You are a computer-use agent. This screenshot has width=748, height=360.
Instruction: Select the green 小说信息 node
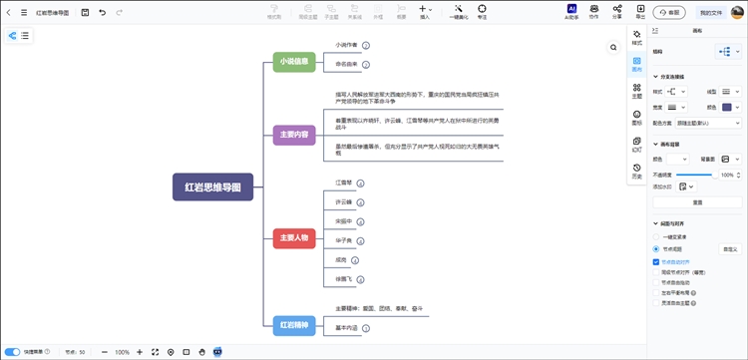coord(294,61)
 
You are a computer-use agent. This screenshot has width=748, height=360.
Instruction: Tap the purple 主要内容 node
coord(294,135)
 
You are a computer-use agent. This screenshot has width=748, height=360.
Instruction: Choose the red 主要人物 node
coord(294,238)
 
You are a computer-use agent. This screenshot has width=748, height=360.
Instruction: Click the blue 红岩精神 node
coord(294,324)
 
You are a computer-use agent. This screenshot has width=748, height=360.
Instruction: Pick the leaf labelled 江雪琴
coord(345,183)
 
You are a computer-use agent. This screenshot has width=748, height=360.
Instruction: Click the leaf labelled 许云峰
coord(344,201)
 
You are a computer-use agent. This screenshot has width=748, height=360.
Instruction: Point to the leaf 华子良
coord(344,239)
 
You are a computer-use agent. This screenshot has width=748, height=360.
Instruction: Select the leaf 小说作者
coord(347,46)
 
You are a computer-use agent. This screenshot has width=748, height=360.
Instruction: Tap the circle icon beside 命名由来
coord(366,64)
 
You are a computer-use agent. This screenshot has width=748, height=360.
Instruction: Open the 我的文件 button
coord(711,12)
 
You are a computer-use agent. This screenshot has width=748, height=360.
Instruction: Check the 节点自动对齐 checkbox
coord(656,259)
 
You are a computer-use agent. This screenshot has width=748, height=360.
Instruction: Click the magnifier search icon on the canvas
coord(613,47)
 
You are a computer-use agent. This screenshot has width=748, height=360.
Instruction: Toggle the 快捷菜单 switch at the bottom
coord(13,351)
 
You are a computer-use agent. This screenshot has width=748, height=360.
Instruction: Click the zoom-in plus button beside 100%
coord(139,351)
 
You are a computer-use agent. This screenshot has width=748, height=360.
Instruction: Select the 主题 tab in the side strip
coord(637,93)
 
